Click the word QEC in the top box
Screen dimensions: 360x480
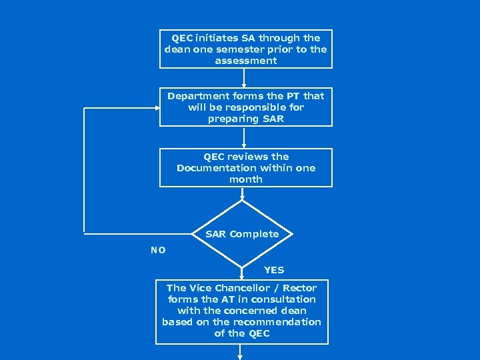click(183, 38)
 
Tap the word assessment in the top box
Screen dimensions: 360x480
click(246, 61)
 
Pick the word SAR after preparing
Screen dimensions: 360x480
click(273, 119)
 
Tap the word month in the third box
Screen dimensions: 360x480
click(246, 179)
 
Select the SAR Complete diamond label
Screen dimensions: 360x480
click(242, 234)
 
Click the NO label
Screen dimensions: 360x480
click(158, 250)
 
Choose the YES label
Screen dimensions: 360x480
click(274, 270)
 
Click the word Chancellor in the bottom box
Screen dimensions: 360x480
click(243, 288)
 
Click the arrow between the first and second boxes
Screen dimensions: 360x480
click(244, 77)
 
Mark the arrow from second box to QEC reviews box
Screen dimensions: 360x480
click(244, 137)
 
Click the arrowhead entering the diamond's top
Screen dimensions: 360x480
click(244, 197)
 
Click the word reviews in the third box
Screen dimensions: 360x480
click(248, 157)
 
